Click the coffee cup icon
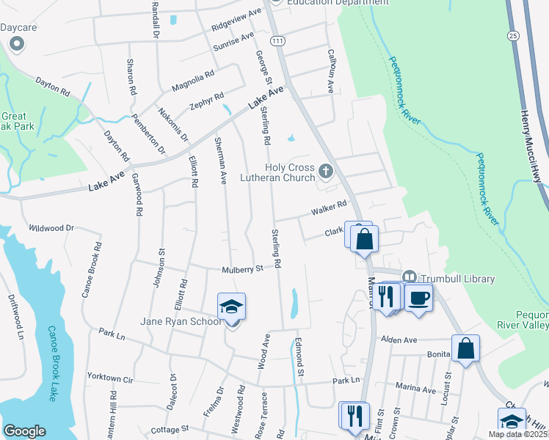(418, 298)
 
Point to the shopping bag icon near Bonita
(465, 349)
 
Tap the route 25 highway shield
(512, 35)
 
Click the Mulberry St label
(243, 270)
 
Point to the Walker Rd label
(328, 209)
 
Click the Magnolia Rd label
(193, 81)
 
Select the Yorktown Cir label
(110, 379)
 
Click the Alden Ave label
(399, 340)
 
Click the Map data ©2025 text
(518, 434)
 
